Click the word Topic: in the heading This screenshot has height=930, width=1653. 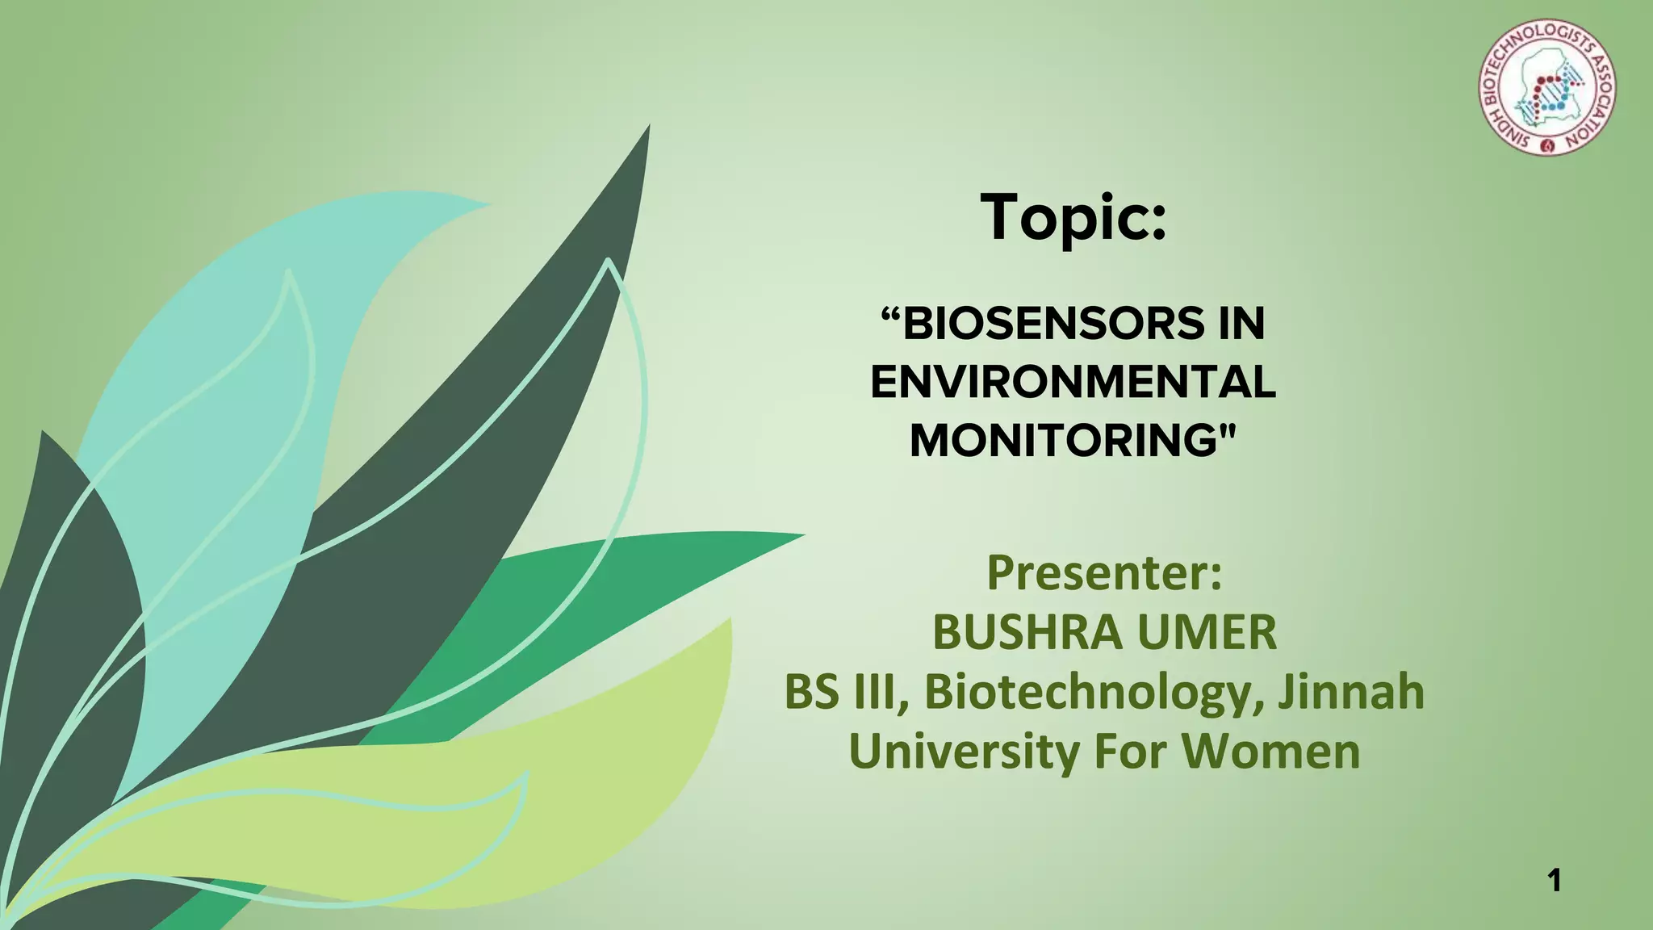point(1073,218)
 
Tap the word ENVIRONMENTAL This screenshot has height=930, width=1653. point(1073,382)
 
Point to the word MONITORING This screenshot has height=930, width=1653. point(1063,441)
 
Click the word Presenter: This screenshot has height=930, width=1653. point(1104,572)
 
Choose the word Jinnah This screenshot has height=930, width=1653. point(1350,692)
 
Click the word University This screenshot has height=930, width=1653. point(964,752)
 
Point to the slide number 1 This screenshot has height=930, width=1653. point(1555,880)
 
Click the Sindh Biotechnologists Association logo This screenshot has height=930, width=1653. point(1546,87)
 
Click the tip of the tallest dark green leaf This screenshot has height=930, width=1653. point(648,129)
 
